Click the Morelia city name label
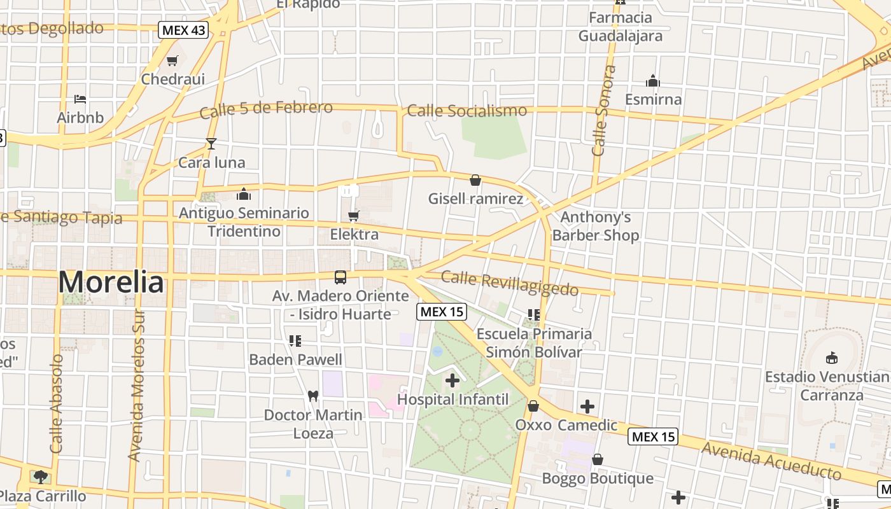(111, 282)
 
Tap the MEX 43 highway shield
(184, 30)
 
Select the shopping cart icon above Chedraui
(172, 61)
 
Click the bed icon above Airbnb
(80, 99)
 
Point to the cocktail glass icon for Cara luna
(211, 144)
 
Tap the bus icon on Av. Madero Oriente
(340, 277)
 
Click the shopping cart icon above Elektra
(353, 216)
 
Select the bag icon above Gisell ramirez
(475, 181)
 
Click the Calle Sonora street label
(602, 111)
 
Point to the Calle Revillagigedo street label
(509, 284)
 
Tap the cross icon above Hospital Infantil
(453, 381)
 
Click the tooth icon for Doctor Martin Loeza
(312, 396)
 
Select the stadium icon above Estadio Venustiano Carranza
(831, 358)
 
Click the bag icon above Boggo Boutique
(598, 459)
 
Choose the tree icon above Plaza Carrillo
(41, 477)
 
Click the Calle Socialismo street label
(467, 111)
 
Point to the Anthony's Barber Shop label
(596, 227)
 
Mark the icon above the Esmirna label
(652, 81)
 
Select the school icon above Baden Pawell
(295, 341)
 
